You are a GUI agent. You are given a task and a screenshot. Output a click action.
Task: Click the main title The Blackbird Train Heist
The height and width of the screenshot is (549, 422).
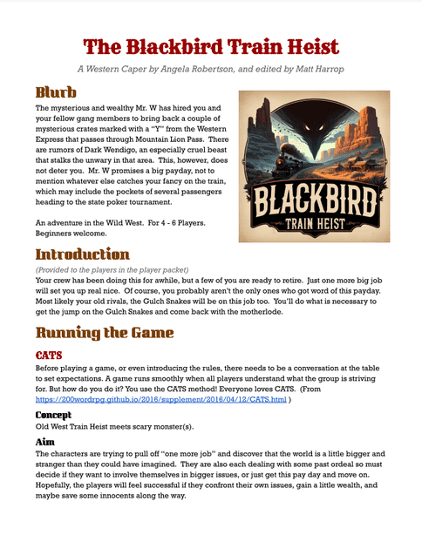[x=211, y=46]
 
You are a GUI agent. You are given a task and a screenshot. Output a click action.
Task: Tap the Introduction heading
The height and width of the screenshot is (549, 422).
[x=82, y=254]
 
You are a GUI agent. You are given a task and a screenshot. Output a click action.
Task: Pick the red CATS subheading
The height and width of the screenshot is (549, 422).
[x=49, y=356]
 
